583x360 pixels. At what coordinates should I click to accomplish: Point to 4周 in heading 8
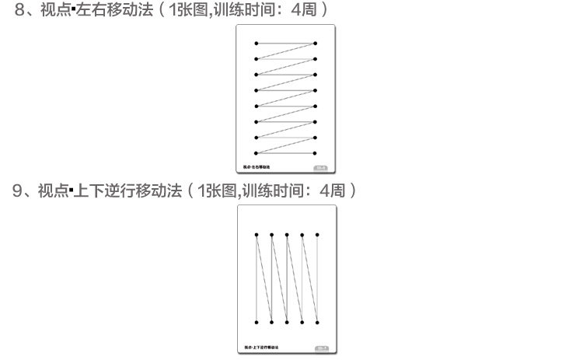coord(303,10)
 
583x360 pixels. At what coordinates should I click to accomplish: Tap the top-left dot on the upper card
coord(257,44)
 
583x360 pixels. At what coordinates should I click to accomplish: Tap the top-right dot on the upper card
coord(316,44)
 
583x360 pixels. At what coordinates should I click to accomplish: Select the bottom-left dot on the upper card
coord(257,154)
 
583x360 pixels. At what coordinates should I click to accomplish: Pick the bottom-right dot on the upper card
coord(316,154)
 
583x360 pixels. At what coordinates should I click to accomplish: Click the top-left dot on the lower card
coord(257,233)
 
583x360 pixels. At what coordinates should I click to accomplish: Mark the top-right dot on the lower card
coord(316,233)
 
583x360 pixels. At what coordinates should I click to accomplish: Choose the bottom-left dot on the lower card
coord(257,321)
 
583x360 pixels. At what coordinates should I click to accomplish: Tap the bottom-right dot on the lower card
coord(316,321)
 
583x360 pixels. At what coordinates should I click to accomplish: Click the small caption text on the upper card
coord(257,167)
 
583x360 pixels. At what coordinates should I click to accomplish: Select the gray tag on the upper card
coord(321,167)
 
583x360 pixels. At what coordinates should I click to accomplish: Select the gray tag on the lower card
coord(322,347)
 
